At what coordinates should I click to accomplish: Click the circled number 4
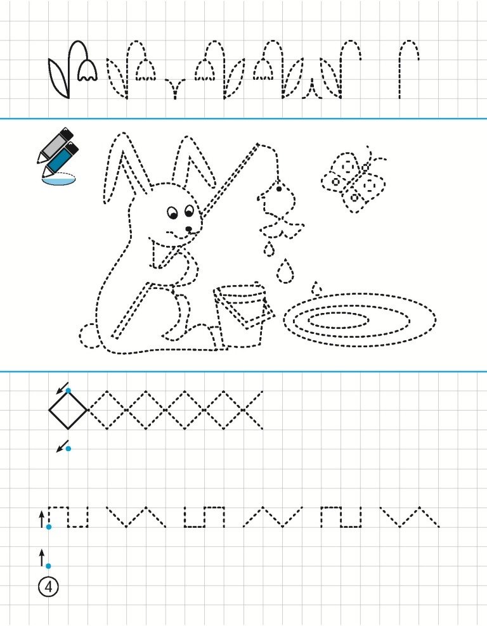tap(48, 587)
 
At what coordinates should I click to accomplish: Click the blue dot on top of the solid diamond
tap(68, 390)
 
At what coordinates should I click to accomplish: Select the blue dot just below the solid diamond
tap(68, 449)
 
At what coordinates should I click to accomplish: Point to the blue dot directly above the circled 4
tap(48, 566)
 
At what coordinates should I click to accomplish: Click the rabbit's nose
tap(188, 229)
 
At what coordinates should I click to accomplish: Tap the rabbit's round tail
tap(88, 335)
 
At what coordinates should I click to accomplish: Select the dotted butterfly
tap(354, 179)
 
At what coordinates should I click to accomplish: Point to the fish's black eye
tap(279, 189)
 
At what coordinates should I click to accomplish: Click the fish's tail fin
tap(282, 227)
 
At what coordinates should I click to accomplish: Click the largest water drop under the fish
tap(285, 271)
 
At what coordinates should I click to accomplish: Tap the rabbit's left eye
tap(172, 212)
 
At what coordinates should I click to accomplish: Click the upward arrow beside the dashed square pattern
tap(42, 520)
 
